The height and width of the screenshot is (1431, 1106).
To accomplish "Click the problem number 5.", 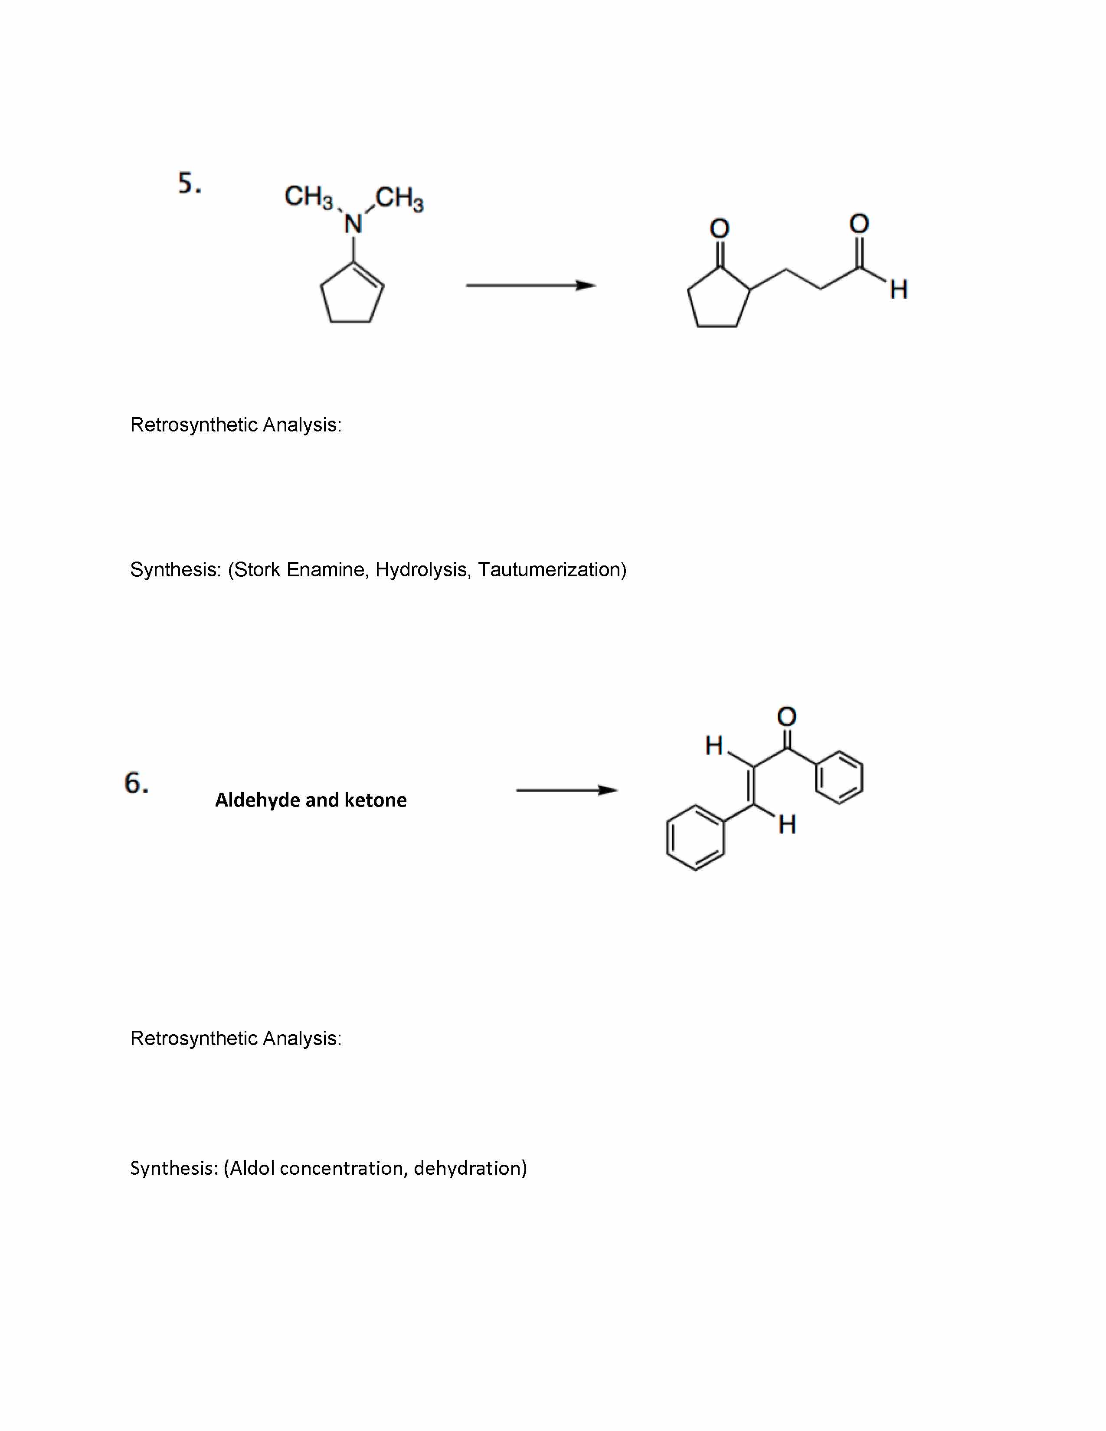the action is [190, 183].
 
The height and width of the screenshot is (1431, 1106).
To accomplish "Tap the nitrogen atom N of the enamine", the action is [353, 224].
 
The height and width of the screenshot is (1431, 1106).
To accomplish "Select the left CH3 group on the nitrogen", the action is [309, 196].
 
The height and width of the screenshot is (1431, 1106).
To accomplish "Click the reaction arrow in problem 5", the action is [531, 285].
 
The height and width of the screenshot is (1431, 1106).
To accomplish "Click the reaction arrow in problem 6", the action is [567, 790].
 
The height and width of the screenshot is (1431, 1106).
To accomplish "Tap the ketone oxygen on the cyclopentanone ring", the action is [720, 228].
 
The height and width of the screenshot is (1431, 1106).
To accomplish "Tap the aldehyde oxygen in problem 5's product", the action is [859, 223].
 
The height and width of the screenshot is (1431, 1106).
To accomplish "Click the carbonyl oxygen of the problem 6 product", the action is [786, 716].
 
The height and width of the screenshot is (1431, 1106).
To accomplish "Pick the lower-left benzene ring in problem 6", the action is [696, 837].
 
